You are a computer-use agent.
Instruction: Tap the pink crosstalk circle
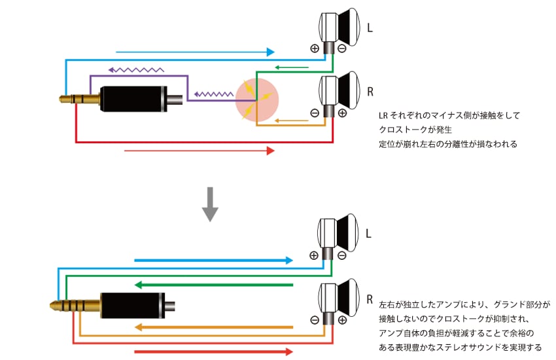click(257, 99)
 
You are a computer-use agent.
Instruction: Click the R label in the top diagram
click(371, 92)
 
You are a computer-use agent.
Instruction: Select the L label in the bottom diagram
click(371, 233)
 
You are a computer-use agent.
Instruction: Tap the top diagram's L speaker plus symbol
click(315, 48)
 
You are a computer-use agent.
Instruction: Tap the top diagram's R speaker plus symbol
click(342, 113)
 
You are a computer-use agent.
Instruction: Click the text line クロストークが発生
click(417, 130)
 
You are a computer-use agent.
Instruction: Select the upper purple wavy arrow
click(137, 68)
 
